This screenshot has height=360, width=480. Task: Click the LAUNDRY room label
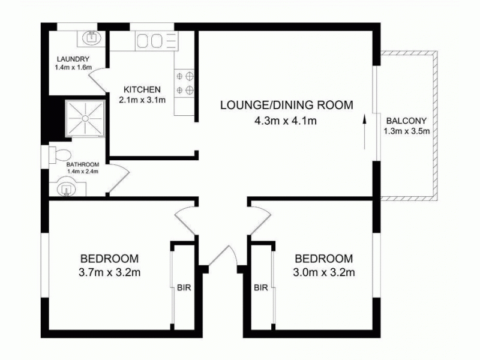73,59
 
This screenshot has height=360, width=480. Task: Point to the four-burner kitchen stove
185,83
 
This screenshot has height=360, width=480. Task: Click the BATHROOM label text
82,164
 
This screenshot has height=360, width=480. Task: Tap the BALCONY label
407,119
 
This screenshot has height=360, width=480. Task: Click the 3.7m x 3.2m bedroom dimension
110,273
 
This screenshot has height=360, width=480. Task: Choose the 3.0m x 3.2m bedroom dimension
323,273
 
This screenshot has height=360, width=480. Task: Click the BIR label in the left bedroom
184,288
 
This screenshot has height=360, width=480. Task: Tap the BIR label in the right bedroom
260,288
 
